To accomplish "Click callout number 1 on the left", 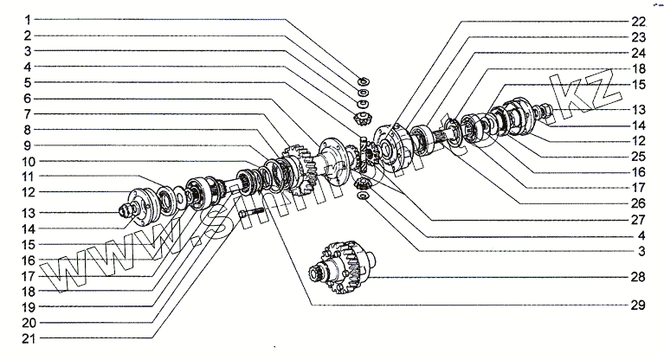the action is point(28,19).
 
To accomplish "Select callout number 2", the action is point(28,35).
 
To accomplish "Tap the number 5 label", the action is point(28,83).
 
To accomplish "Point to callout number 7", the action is point(28,114).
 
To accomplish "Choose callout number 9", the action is point(28,145).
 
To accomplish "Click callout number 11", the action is point(28,176).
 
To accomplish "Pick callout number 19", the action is point(28,305).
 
